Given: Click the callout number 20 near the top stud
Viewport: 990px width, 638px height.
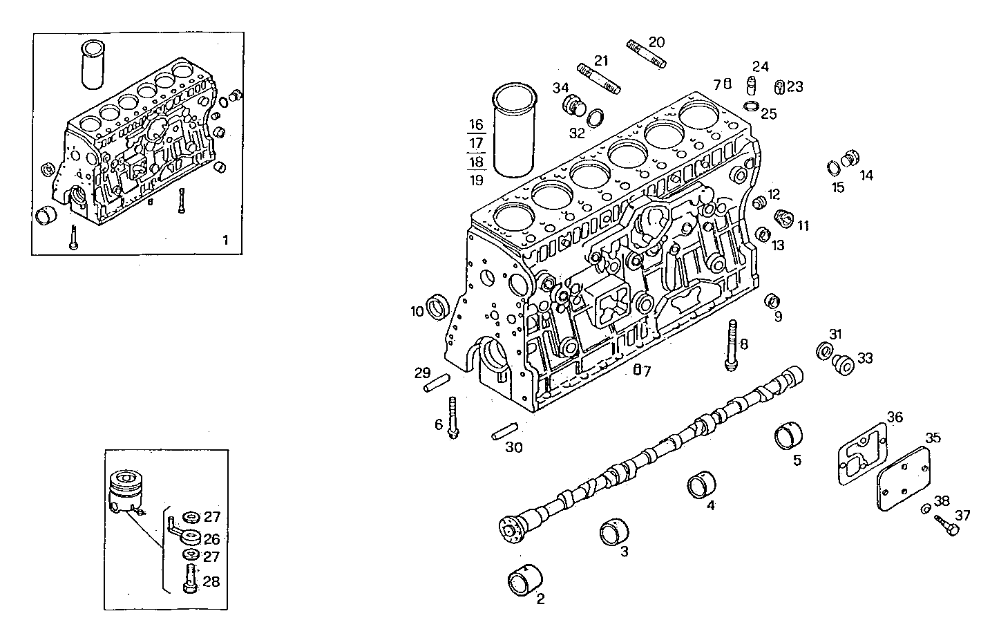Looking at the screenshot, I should (656, 42).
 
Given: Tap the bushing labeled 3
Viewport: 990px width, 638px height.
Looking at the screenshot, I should (613, 532).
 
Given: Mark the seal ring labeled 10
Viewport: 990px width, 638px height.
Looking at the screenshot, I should (438, 306).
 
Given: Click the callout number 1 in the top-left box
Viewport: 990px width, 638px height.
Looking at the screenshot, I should (225, 240).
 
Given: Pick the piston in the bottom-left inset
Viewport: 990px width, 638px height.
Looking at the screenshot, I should (127, 490).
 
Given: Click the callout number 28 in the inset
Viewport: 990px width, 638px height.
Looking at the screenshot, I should (211, 581).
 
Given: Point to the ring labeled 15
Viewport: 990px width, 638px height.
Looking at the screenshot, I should (834, 167).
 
